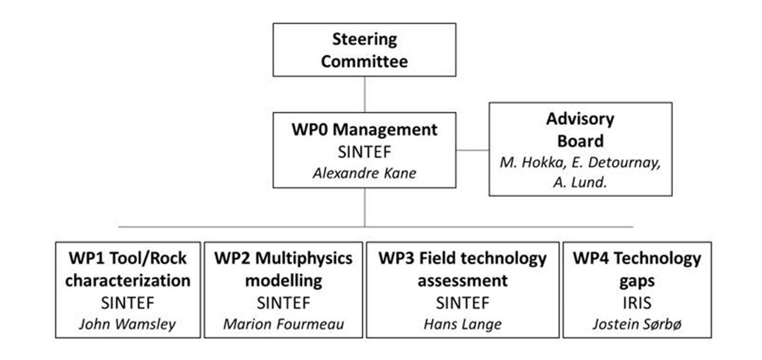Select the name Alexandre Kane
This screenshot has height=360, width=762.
(365, 173)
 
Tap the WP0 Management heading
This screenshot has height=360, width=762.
(365, 131)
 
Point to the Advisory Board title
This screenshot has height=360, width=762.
(580, 130)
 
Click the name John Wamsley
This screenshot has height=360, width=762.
(128, 324)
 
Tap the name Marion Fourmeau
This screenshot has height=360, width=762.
(284, 324)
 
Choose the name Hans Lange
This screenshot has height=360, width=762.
(463, 324)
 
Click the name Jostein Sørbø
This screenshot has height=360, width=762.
(637, 324)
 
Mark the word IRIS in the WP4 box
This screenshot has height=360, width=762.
(637, 303)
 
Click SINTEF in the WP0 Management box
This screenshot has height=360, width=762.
(365, 152)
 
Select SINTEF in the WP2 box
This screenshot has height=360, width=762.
(284, 303)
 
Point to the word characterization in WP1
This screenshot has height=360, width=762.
(128, 281)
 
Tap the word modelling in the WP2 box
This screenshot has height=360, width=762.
(284, 281)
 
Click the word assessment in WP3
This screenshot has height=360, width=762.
(463, 281)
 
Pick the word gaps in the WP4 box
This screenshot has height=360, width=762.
(637, 282)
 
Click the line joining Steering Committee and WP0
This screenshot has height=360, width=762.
(365, 95)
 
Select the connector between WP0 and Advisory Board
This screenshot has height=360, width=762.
(472, 150)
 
